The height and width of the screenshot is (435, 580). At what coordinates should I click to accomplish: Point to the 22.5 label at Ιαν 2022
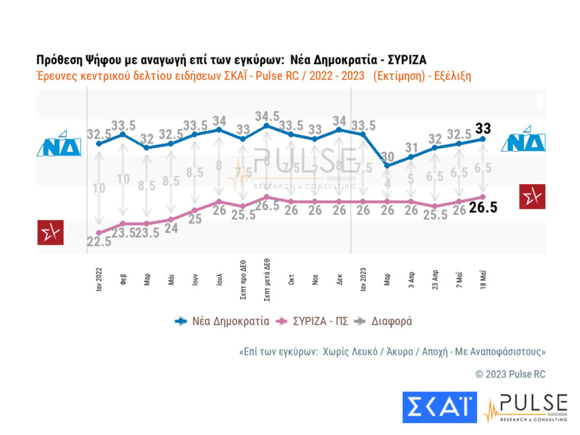pyautogui.click(x=99, y=242)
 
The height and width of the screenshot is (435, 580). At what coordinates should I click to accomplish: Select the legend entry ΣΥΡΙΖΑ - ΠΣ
pyautogui.click(x=313, y=322)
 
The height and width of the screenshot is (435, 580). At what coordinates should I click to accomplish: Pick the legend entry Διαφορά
pyautogui.click(x=388, y=322)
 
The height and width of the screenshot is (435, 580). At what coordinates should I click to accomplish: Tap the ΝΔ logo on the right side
pyautogui.click(x=523, y=140)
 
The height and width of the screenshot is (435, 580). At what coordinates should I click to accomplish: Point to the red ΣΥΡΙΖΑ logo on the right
pyautogui.click(x=532, y=196)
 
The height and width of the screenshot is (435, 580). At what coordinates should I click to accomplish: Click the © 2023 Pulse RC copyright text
pyautogui.click(x=510, y=374)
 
